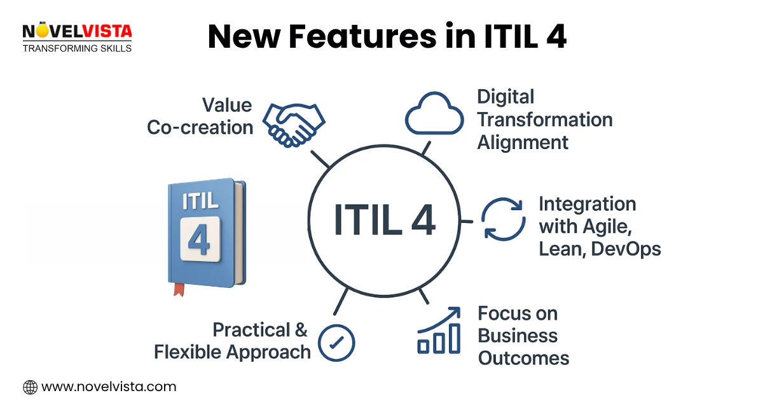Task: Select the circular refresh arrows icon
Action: pyautogui.click(x=503, y=219)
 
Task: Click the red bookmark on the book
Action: pyautogui.click(x=179, y=289)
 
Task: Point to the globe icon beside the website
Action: pyautogui.click(x=30, y=387)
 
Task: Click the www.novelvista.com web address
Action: pyautogui.click(x=109, y=387)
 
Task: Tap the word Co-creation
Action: pyautogui.click(x=200, y=127)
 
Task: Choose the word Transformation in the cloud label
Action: pyautogui.click(x=545, y=119)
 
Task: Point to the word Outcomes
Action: pyautogui.click(x=523, y=358)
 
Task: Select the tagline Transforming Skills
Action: pyautogui.click(x=77, y=48)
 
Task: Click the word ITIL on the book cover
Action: pyautogui.click(x=200, y=200)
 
